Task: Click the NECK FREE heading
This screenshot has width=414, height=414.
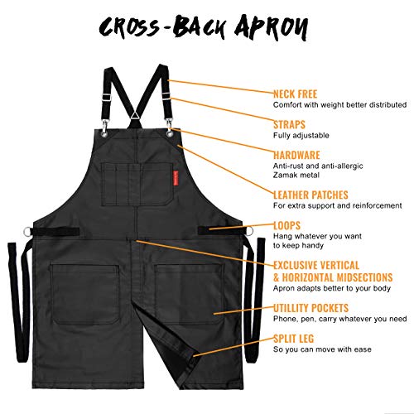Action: click(x=295, y=94)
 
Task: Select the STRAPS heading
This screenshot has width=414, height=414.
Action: click(x=289, y=125)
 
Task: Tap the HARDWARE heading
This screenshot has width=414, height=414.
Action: click(x=296, y=155)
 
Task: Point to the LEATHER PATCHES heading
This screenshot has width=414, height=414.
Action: click(x=310, y=195)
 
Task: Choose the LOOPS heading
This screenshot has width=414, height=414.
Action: click(x=286, y=225)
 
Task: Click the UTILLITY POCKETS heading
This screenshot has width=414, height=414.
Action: click(x=310, y=308)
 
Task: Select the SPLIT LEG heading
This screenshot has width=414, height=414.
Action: click(x=293, y=339)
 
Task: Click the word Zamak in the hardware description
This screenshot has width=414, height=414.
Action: click(x=285, y=175)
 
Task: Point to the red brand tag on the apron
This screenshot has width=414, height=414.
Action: click(x=176, y=178)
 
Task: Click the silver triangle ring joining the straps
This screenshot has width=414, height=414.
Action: click(x=136, y=115)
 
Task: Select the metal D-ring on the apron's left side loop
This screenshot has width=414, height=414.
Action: click(x=27, y=231)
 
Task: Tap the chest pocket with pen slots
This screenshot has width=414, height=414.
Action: click(x=137, y=184)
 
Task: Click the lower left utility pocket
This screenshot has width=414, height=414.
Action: click(x=84, y=294)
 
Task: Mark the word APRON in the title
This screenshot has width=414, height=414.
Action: click(x=272, y=27)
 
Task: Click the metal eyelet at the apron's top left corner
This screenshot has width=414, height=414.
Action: click(x=105, y=134)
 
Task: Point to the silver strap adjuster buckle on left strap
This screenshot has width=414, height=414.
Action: click(x=106, y=97)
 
